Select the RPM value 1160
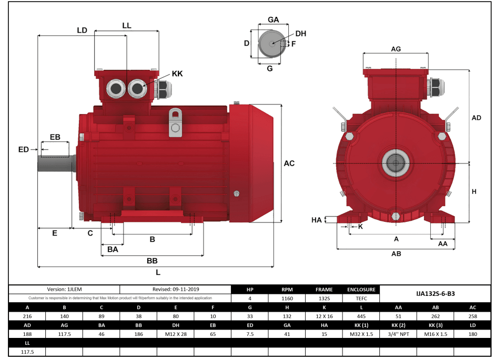287,298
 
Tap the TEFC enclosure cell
361,298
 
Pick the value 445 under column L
361,316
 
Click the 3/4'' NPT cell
398,334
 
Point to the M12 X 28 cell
176,334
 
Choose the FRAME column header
324,290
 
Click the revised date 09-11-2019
176,289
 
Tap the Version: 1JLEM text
65,289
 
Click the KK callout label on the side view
177,74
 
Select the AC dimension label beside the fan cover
289,163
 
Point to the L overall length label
158,272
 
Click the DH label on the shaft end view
300,34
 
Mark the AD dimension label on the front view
476,118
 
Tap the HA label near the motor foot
316,220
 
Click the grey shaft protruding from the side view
55,163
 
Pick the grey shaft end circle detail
271,44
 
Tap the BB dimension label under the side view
152,261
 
